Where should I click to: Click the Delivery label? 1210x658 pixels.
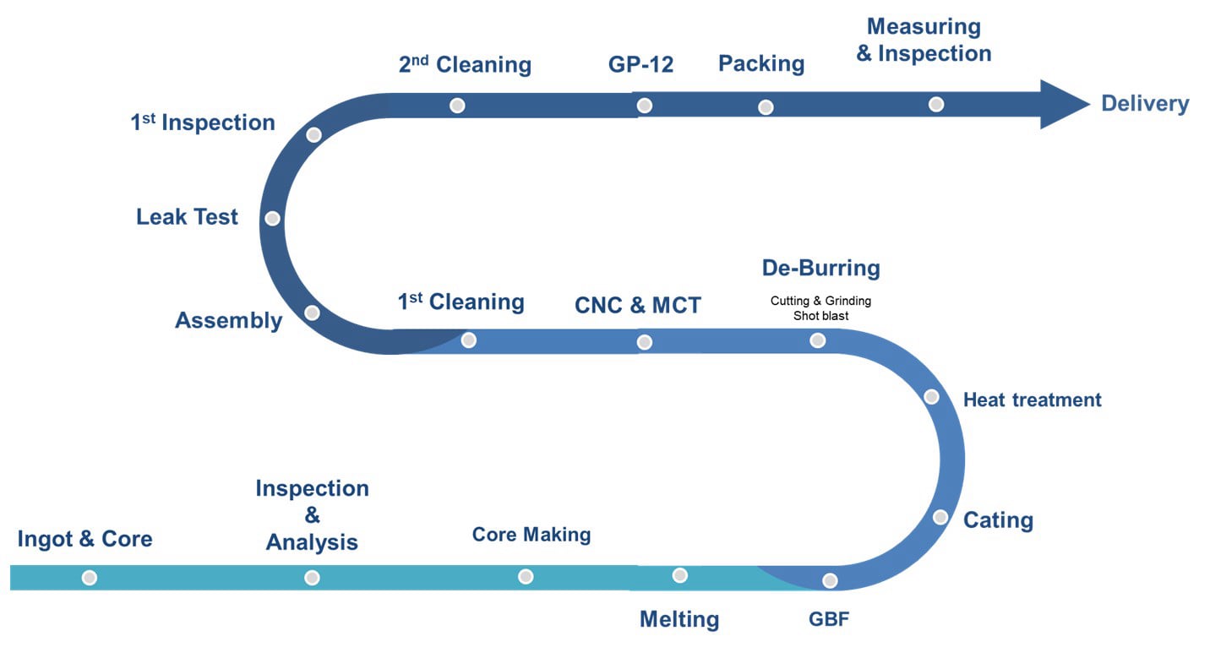click(x=1144, y=104)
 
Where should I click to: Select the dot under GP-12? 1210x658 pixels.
click(x=645, y=106)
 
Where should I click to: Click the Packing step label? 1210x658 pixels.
click(x=760, y=63)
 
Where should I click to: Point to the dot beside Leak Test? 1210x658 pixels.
click(x=272, y=218)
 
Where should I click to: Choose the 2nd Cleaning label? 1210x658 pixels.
click(x=465, y=64)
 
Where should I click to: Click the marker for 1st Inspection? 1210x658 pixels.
click(x=313, y=134)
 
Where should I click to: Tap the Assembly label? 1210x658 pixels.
click(x=228, y=321)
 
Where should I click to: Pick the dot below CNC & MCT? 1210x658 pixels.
click(x=645, y=342)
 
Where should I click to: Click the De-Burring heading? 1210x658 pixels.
click(x=820, y=268)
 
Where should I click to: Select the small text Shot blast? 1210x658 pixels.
click(x=820, y=316)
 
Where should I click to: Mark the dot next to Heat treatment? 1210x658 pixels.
click(x=931, y=396)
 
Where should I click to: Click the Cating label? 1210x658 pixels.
click(x=998, y=519)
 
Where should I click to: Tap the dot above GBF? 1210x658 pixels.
click(x=830, y=580)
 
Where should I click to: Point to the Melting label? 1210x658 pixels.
click(x=679, y=619)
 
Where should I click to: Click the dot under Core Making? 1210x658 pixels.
click(x=526, y=576)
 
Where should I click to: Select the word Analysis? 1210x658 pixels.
click(x=312, y=542)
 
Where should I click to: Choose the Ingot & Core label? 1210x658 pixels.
click(x=84, y=539)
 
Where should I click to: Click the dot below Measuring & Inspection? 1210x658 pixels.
click(x=936, y=104)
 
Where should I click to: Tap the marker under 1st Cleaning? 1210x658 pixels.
click(x=469, y=340)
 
